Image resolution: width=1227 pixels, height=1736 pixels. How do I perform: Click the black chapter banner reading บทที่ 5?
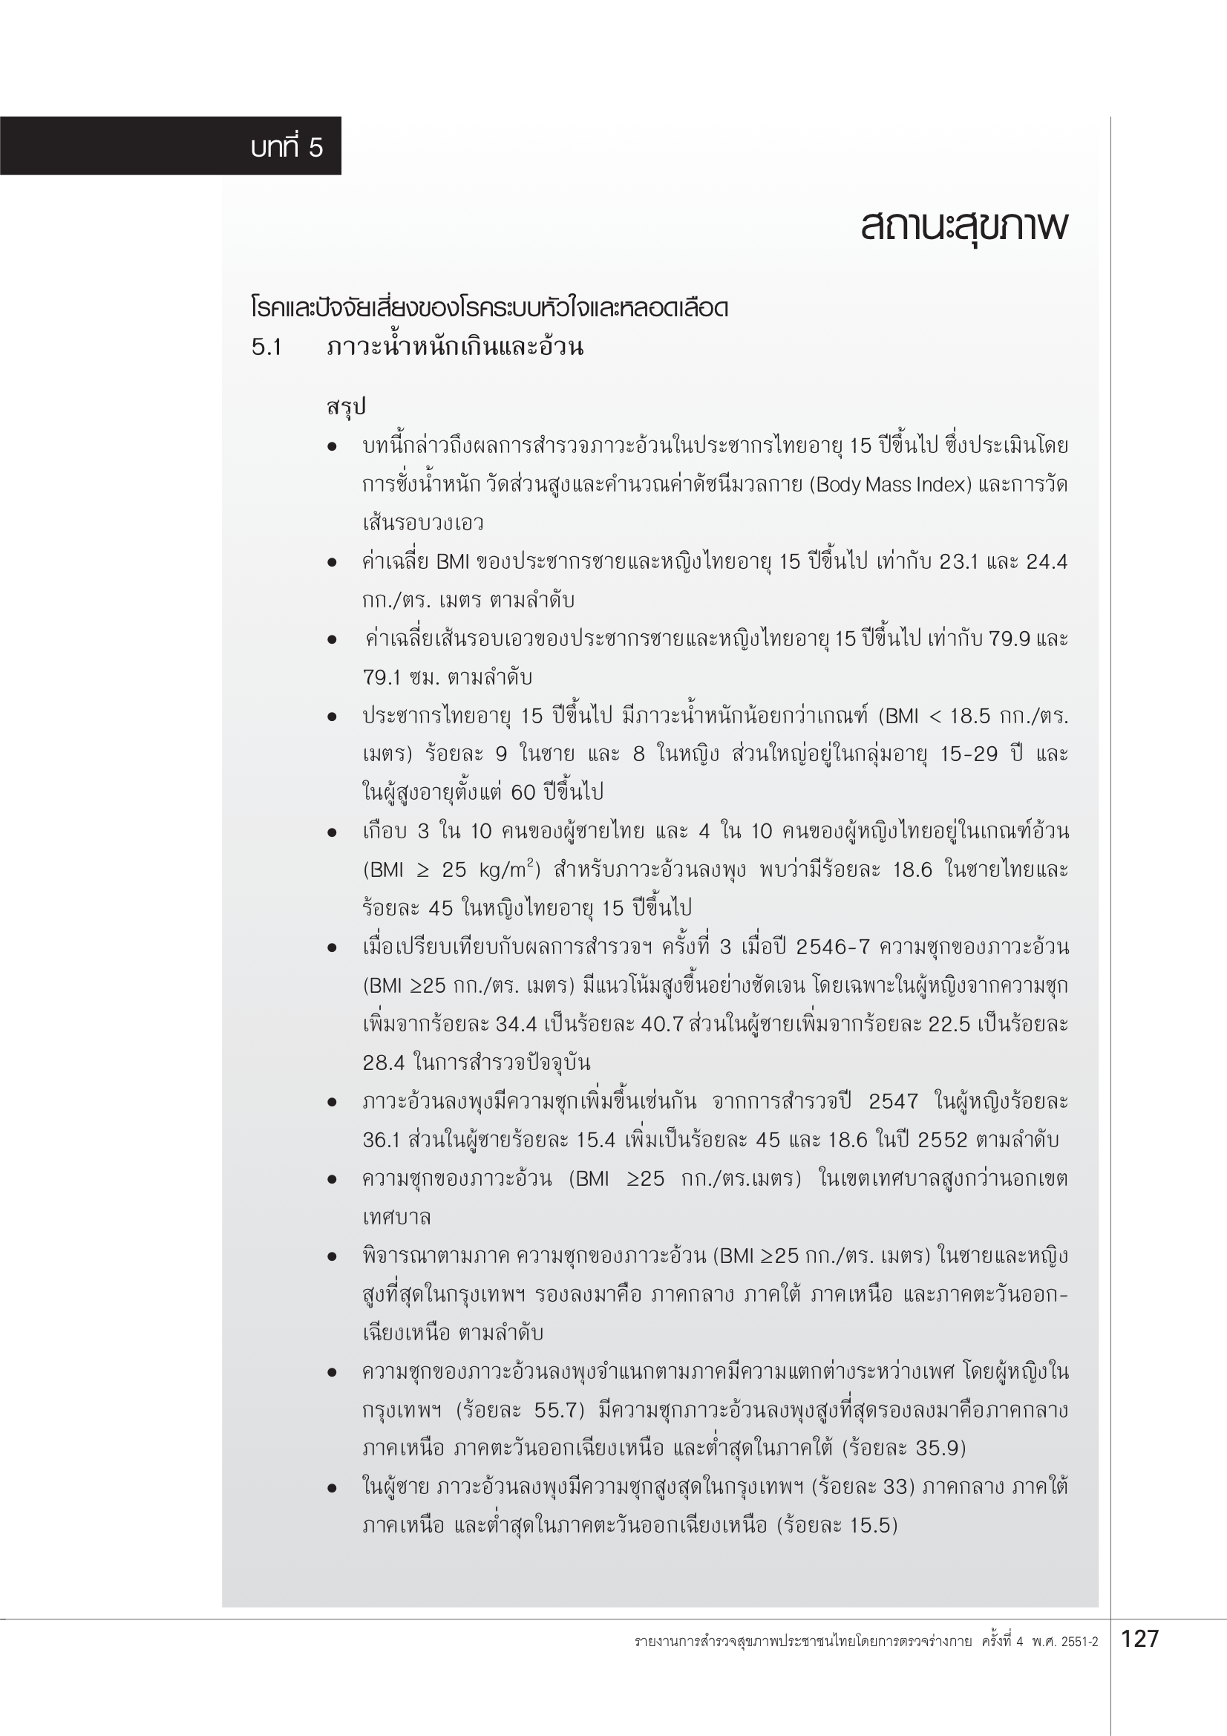170,146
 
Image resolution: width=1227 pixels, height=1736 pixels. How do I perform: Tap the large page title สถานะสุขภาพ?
963,226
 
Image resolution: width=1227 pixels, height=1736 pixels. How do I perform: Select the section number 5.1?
266,347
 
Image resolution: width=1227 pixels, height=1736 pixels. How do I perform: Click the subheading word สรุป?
346,407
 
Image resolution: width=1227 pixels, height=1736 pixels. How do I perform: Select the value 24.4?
1047,562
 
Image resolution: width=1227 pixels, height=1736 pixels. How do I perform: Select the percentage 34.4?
517,1025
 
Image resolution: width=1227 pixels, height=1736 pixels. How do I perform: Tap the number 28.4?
383,1063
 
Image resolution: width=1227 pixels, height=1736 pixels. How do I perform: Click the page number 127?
1139,1639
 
